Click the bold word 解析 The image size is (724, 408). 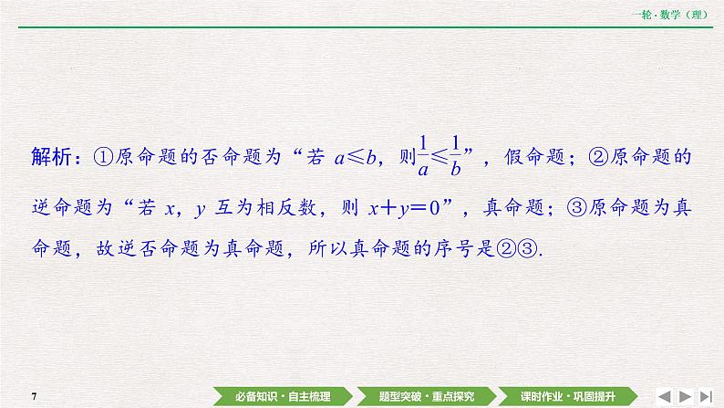pyautogui.click(x=51, y=156)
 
